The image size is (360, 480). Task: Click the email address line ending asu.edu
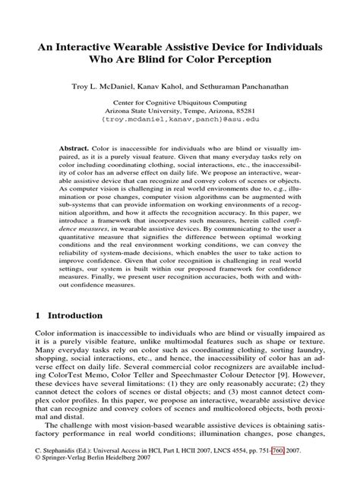tap(180, 120)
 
